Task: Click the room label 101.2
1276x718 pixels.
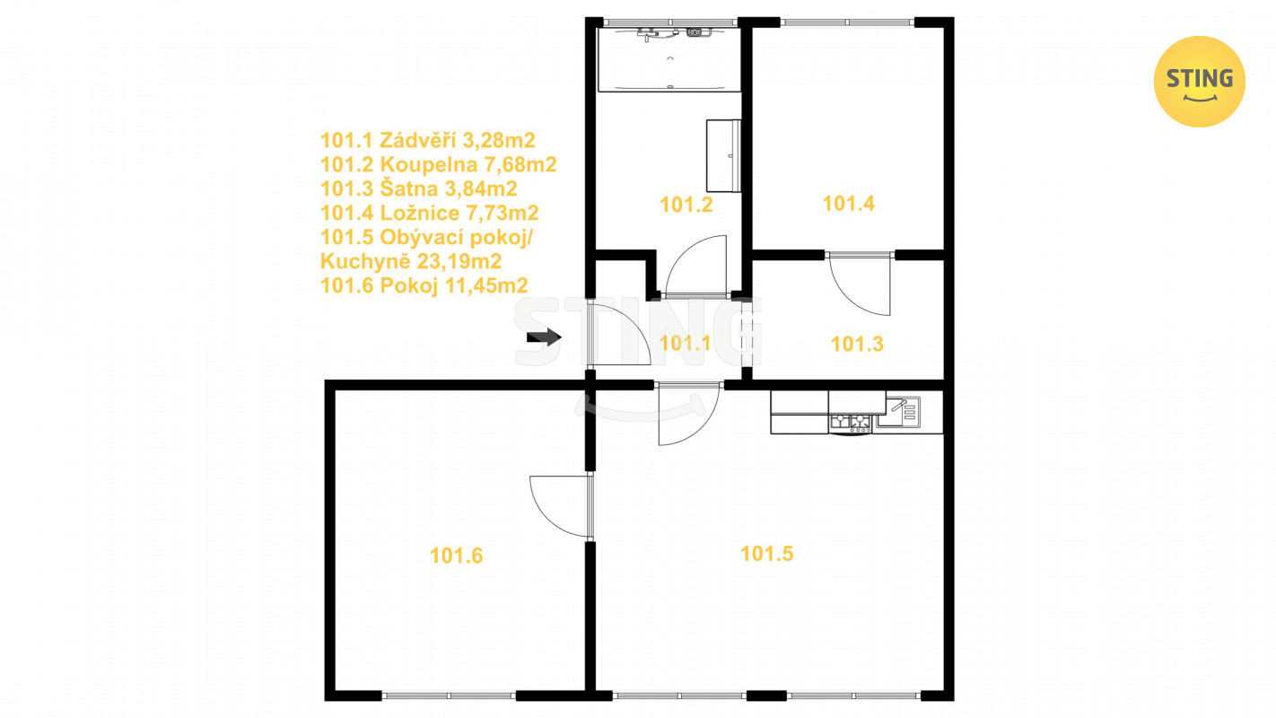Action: [686, 205]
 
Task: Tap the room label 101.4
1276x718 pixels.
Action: [848, 204]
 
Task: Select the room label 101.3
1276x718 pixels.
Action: [857, 344]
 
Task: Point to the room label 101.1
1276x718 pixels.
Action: [685, 343]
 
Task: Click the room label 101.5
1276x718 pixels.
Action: [766, 554]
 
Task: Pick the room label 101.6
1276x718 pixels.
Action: [456, 556]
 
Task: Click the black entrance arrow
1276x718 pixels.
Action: [544, 337]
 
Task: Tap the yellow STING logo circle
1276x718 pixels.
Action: [1199, 82]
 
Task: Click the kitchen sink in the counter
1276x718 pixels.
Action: [898, 412]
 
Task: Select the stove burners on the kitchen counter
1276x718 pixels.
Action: [851, 422]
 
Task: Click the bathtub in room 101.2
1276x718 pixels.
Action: [669, 59]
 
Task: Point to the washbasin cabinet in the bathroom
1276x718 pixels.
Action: [723, 155]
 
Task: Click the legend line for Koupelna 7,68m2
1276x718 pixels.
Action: [438, 164]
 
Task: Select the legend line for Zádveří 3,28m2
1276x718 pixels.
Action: [428, 140]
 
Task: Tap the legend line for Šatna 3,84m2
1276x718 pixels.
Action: [419, 188]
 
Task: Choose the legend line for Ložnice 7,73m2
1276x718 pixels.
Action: [430, 213]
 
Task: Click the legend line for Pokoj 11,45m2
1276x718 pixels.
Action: [424, 285]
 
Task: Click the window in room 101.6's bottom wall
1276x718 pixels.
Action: [449, 696]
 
